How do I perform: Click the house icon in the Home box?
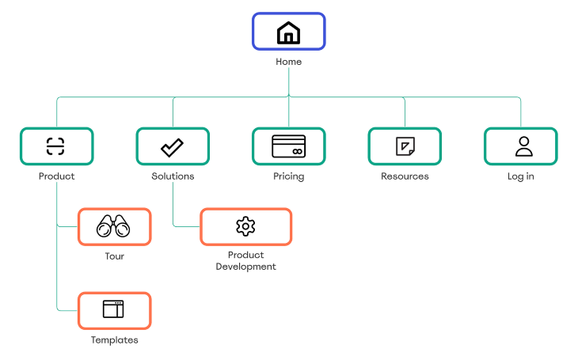point(288,32)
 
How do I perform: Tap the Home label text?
point(288,62)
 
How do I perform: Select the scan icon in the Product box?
point(56,146)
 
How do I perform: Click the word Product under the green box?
point(56,176)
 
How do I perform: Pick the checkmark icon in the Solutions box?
point(172,146)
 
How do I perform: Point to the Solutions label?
point(173,176)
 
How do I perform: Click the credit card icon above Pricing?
point(288,146)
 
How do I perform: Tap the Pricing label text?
point(288,176)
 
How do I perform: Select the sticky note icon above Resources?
point(405,146)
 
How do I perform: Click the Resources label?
point(405,176)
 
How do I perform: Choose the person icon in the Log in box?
point(520,146)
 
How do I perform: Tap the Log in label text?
point(520,176)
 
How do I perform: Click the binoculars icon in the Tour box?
point(113,227)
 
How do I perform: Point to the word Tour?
point(114,256)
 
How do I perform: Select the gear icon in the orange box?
point(245,226)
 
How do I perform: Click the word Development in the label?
point(245,267)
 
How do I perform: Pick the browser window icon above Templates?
point(113,309)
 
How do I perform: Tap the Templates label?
point(114,340)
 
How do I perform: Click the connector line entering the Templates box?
point(67,310)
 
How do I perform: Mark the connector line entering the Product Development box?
point(187,226)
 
